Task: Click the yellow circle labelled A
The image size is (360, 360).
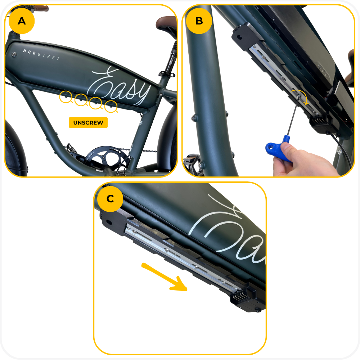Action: tap(22, 21)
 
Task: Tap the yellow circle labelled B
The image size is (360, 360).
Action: tap(199, 21)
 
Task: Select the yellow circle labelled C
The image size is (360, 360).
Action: tap(110, 199)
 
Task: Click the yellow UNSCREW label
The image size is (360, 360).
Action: tap(88, 123)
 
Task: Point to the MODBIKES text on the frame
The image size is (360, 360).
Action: tap(41, 55)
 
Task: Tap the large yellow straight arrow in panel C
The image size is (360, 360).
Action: tap(165, 277)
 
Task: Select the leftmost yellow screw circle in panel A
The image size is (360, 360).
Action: tap(66, 97)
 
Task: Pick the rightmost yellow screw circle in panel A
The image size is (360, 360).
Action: tap(111, 107)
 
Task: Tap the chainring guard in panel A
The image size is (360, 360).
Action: tap(107, 157)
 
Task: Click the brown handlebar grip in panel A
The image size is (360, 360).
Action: tap(41, 9)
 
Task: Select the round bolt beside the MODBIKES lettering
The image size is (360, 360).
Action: tap(14, 54)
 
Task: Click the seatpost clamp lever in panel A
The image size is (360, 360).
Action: tap(167, 74)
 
